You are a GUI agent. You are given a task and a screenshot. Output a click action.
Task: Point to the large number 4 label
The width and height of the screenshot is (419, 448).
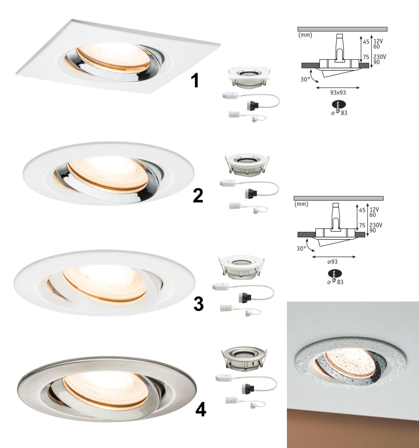[x=200, y=410]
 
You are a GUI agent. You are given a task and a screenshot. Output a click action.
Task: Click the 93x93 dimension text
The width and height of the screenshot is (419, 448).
[x=338, y=93]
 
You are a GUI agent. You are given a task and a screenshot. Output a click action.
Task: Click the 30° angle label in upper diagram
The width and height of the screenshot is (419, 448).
[x=305, y=79]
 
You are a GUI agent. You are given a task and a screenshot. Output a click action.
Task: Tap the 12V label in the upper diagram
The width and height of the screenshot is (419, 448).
[x=378, y=41]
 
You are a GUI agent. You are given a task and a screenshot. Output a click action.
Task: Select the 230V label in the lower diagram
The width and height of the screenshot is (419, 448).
[x=376, y=225]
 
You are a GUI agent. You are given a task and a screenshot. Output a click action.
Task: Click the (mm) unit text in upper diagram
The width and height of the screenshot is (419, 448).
[x=305, y=35]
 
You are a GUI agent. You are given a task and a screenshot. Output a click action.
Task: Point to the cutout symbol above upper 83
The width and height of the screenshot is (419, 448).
[x=339, y=106]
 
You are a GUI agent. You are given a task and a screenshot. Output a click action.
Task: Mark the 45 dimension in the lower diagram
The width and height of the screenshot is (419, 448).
[x=362, y=210]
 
